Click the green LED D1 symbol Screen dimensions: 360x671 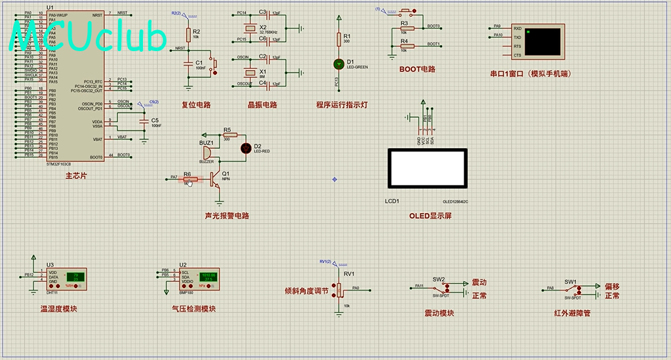tap(338, 64)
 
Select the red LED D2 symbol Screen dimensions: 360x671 tap(247, 148)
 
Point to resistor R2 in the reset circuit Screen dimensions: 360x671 tap(188, 34)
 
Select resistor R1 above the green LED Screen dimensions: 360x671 tap(338, 39)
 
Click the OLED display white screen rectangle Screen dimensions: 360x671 tap(427, 169)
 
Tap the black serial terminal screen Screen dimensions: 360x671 tap(542, 41)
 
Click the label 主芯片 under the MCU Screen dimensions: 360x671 tap(75, 176)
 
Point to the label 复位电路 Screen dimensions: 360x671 tap(196, 104)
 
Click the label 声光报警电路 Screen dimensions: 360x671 tap(227, 216)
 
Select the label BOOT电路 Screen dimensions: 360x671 tap(417, 69)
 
